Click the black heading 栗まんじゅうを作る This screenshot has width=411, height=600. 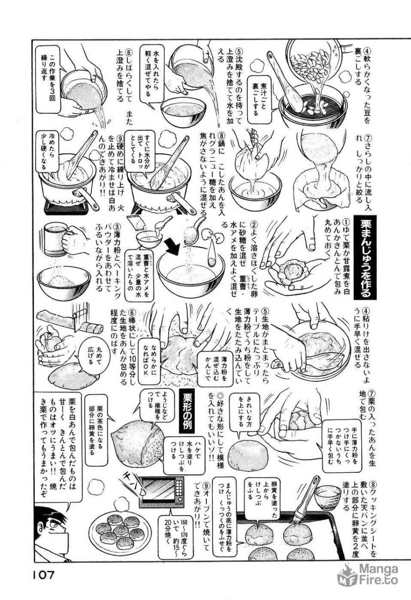[x=368, y=258]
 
